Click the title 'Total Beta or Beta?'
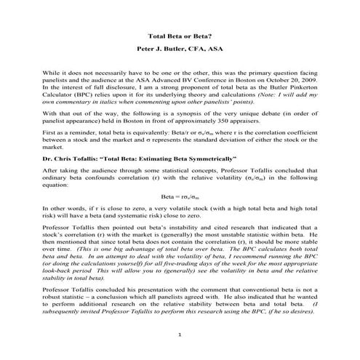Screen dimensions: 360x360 [180, 34]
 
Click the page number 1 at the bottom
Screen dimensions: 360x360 [180, 333]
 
